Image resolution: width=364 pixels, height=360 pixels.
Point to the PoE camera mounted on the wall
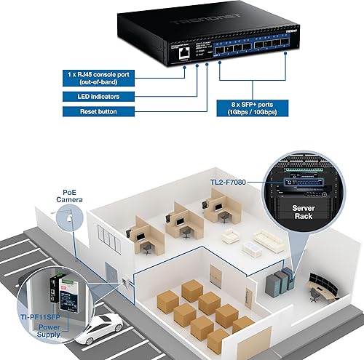pyautogui.click(x=69, y=216)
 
